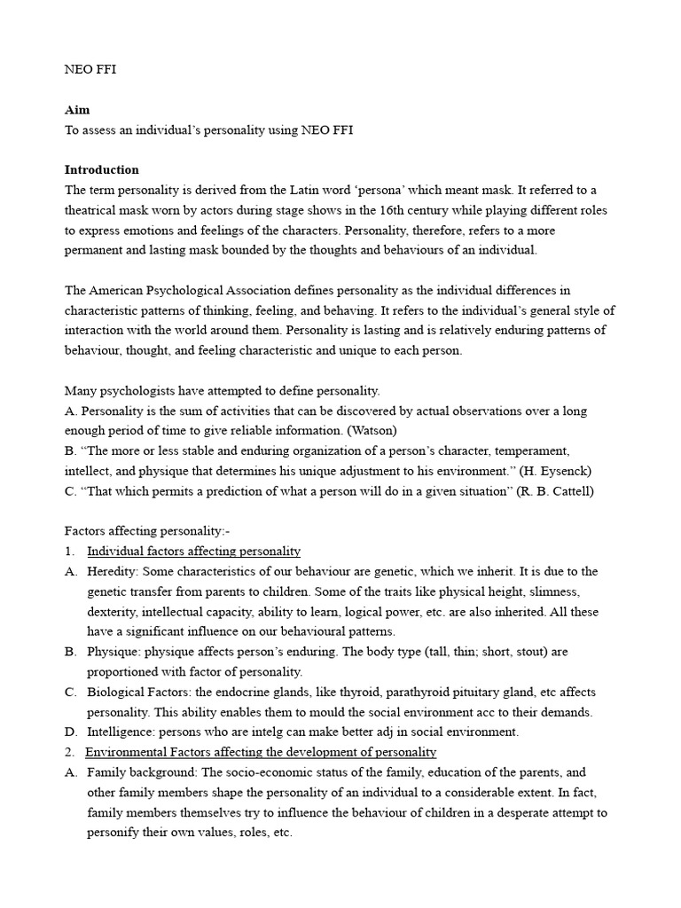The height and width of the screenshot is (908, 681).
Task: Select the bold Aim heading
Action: click(x=77, y=110)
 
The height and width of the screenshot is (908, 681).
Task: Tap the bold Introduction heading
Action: click(x=101, y=169)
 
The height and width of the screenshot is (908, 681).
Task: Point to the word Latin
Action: click(x=336, y=190)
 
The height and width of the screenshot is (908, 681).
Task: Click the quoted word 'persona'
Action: click(x=407, y=190)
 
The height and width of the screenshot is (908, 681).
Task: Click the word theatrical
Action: click(x=96, y=210)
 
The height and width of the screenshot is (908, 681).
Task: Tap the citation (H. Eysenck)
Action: click(x=549, y=470)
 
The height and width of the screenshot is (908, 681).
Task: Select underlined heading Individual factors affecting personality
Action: click(x=193, y=551)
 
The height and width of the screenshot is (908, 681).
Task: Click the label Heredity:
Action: click(x=113, y=571)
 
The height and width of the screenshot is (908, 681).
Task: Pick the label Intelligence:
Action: click(x=122, y=732)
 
